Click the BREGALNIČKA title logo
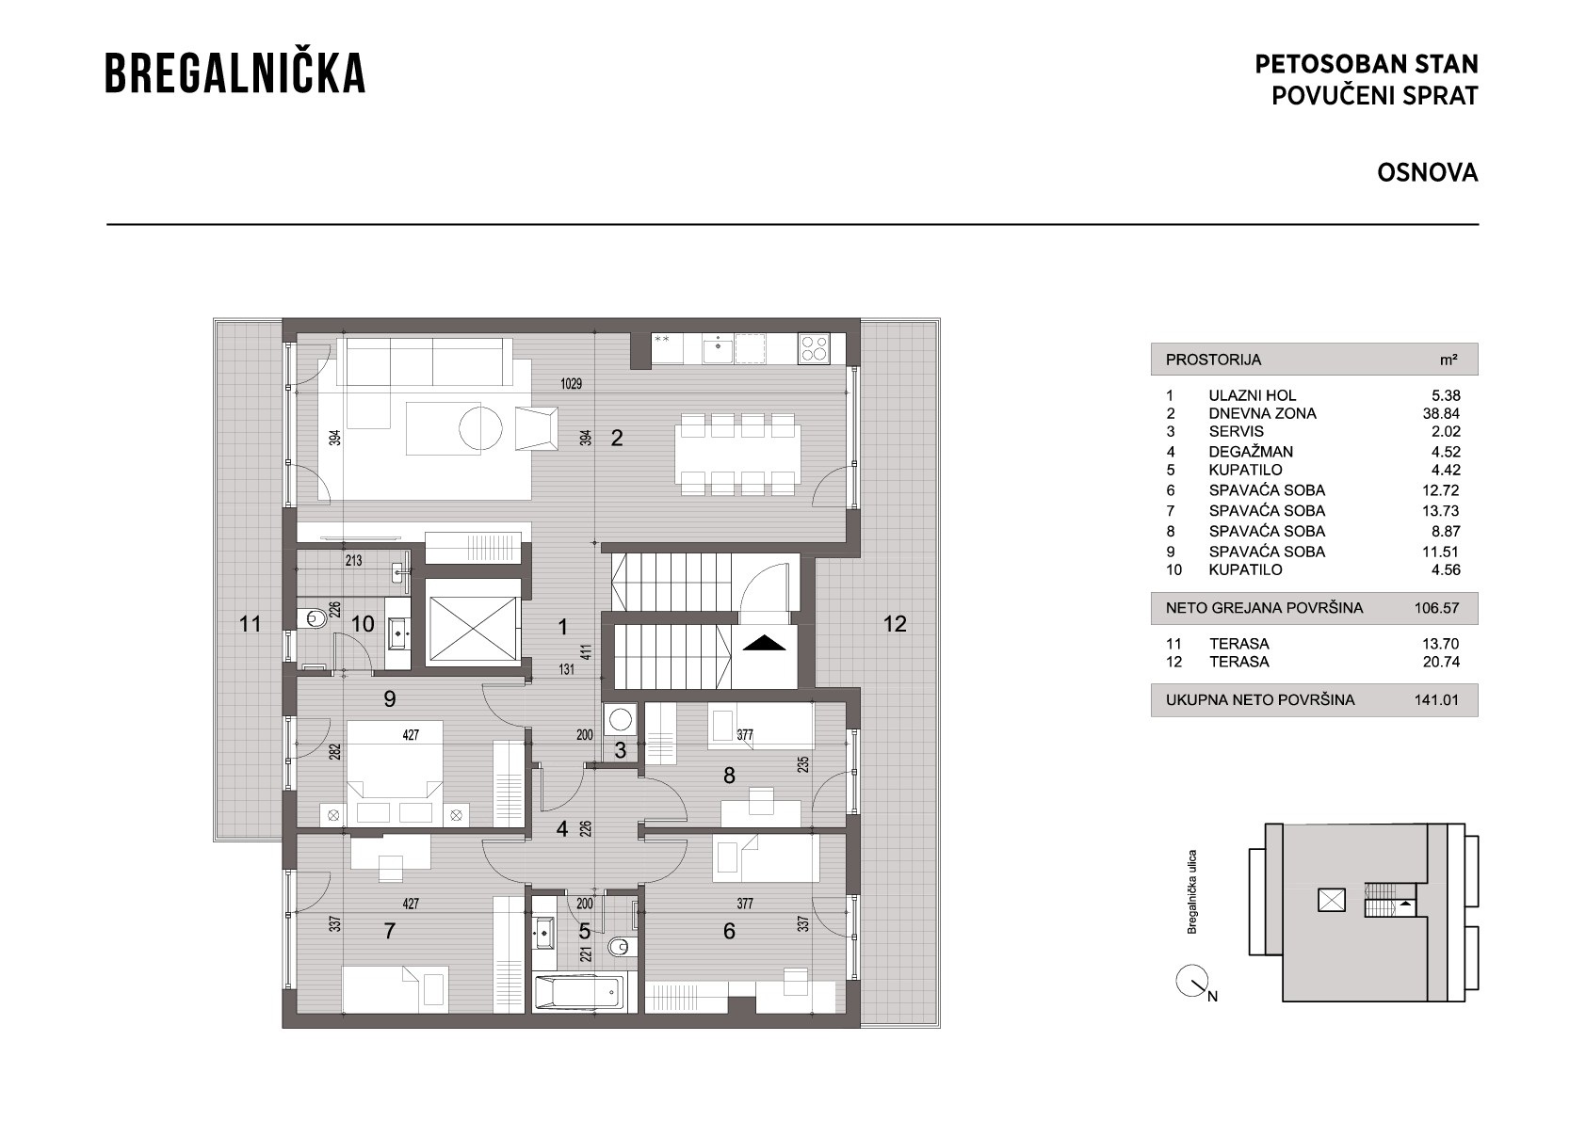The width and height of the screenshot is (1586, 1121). pos(235,72)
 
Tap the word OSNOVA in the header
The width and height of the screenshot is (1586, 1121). pos(1428,172)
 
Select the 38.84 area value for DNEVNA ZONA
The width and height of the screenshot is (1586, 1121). pos(1442,413)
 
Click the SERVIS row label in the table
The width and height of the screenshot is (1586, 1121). pos(1237,432)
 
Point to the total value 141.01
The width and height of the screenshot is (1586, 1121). pos(1436,700)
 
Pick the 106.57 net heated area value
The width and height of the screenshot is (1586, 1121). pos(1436,608)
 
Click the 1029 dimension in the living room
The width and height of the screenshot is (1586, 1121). pos(571,384)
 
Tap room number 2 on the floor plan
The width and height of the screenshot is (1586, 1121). pos(617,438)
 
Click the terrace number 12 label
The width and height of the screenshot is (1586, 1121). pos(895,623)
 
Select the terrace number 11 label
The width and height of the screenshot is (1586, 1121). pos(250,623)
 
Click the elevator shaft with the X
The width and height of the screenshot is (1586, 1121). pos(473,620)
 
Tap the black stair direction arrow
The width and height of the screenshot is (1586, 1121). pos(764,643)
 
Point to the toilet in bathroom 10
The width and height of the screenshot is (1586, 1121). pos(312,619)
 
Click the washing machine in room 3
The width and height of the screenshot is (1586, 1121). pos(621,720)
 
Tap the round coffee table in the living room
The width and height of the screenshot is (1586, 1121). pos(480,427)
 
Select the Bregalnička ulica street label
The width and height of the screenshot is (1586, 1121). pos(1191,891)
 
